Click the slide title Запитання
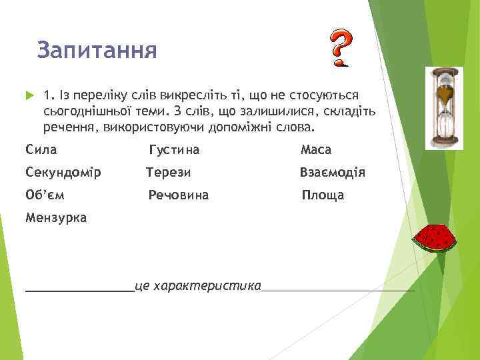click(97, 51)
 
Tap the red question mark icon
click(341, 49)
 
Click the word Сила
click(41, 150)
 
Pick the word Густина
click(174, 150)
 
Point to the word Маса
click(316, 150)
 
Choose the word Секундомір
click(63, 173)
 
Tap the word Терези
click(169, 173)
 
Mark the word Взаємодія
click(332, 173)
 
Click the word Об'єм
click(45, 195)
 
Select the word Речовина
click(178, 195)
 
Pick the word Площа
click(323, 195)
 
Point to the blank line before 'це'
click(79, 289)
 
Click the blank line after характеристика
click(338, 289)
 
